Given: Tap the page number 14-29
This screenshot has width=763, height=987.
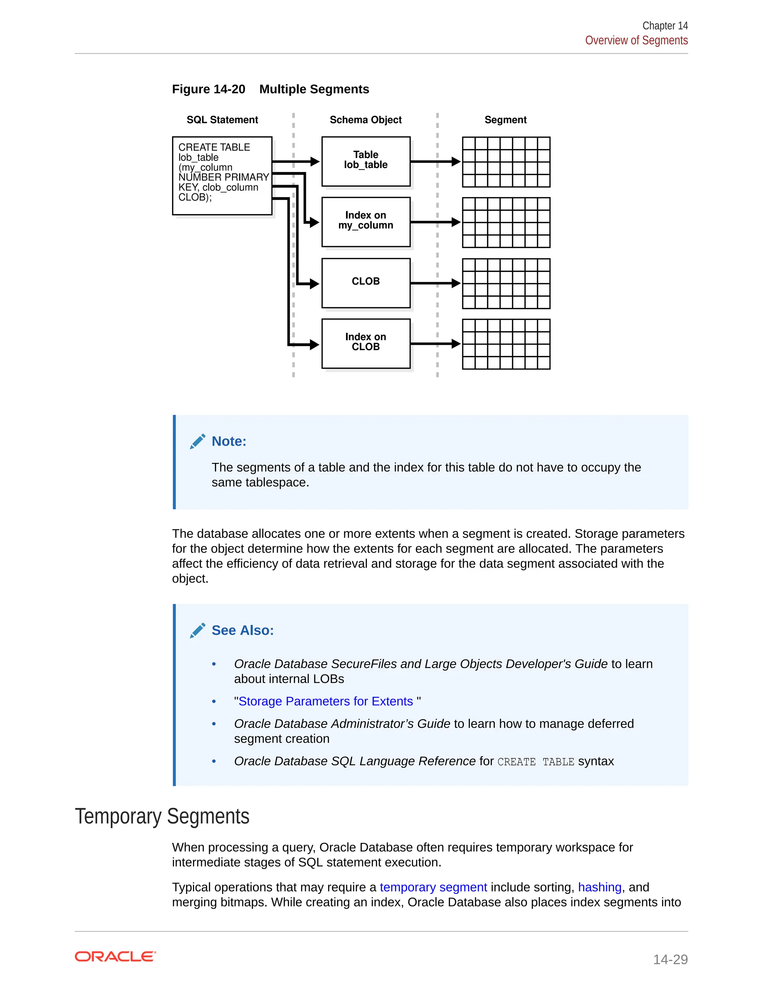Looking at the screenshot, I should pos(670,959).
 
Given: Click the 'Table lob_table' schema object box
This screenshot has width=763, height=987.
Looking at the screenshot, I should pos(366,161).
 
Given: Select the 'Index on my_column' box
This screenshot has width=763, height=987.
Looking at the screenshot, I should pos(366,222).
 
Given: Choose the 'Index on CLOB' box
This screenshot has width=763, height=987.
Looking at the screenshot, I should pos(366,343).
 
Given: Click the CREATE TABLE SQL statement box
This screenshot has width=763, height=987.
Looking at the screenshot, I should pos(222,175).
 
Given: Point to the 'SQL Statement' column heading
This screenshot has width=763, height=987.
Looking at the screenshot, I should pos(222,120).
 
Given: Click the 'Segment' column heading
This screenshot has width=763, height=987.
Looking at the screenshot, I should pos(505,120).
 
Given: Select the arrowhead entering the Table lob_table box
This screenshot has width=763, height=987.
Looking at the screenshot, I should pos(314,161).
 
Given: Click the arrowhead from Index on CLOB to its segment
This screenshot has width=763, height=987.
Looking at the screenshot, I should pos(456,344).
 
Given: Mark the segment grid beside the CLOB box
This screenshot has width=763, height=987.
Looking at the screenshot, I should pos(506,283).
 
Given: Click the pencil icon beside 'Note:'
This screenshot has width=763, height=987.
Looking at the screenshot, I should pos(197,441).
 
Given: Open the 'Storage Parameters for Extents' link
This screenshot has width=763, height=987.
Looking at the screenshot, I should pos(326,701).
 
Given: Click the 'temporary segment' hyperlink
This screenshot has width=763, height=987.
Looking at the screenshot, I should pos(433,887).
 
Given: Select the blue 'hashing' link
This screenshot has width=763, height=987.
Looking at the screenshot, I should pos(599,887).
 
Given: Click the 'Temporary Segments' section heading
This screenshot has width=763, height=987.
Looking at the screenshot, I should pos(162,816).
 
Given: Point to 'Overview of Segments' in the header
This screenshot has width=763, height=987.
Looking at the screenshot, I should pos(636,40).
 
